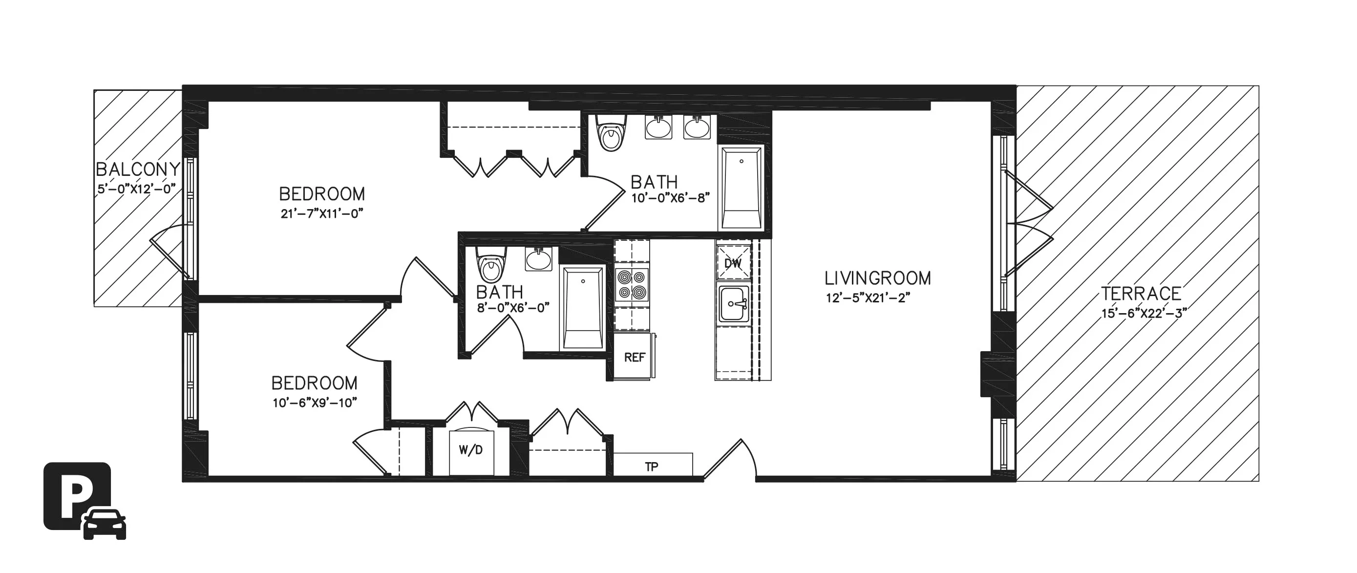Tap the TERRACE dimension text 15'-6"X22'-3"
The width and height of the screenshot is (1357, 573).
pyautogui.click(x=1144, y=313)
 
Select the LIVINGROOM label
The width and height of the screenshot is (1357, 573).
pyautogui.click(x=878, y=278)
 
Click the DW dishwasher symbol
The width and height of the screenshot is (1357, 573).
pyautogui.click(x=733, y=263)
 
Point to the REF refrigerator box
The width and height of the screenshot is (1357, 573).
pyautogui.click(x=634, y=358)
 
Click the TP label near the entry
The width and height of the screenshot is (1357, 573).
pyautogui.click(x=652, y=466)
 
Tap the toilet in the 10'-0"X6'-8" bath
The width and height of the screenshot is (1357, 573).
pyautogui.click(x=611, y=134)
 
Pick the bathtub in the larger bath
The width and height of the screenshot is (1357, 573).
pyautogui.click(x=741, y=189)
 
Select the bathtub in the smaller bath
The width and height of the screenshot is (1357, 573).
pyautogui.click(x=583, y=309)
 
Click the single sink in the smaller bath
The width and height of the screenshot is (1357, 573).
pyautogui.click(x=538, y=260)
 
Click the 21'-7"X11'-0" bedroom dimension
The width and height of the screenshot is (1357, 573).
pyautogui.click(x=322, y=214)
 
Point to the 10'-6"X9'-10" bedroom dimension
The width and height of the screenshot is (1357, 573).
pyautogui.click(x=315, y=403)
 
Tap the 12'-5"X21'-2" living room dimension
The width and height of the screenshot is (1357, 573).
pyautogui.click(x=868, y=298)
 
